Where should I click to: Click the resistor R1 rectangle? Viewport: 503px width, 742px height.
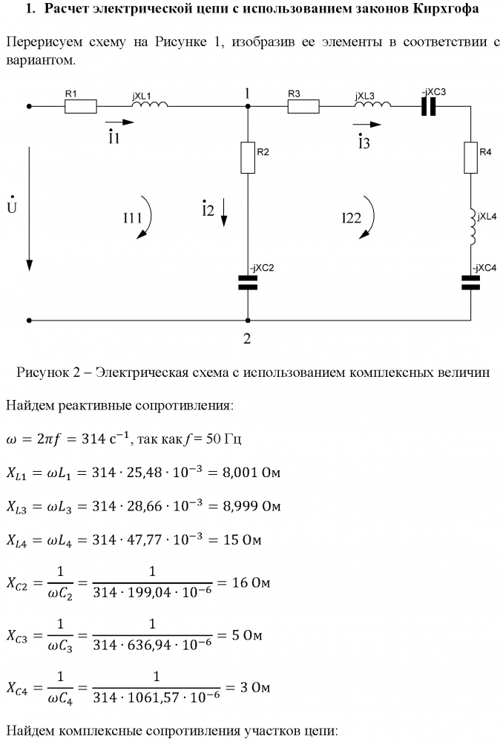[x=80, y=106]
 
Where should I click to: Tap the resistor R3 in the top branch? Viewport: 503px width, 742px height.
[x=303, y=106]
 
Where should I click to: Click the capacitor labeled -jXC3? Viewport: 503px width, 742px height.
[x=428, y=106]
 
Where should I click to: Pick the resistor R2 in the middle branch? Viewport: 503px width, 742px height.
[x=248, y=157]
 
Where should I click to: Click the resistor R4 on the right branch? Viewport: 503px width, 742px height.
[x=470, y=157]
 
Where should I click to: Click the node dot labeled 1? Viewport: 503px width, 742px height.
[x=248, y=106]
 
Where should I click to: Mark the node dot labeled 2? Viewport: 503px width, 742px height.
[x=248, y=321]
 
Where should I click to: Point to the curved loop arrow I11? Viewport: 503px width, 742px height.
[x=146, y=218]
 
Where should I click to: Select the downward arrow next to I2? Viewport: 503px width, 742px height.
[x=225, y=212]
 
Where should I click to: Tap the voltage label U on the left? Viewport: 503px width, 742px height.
[x=10, y=206]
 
